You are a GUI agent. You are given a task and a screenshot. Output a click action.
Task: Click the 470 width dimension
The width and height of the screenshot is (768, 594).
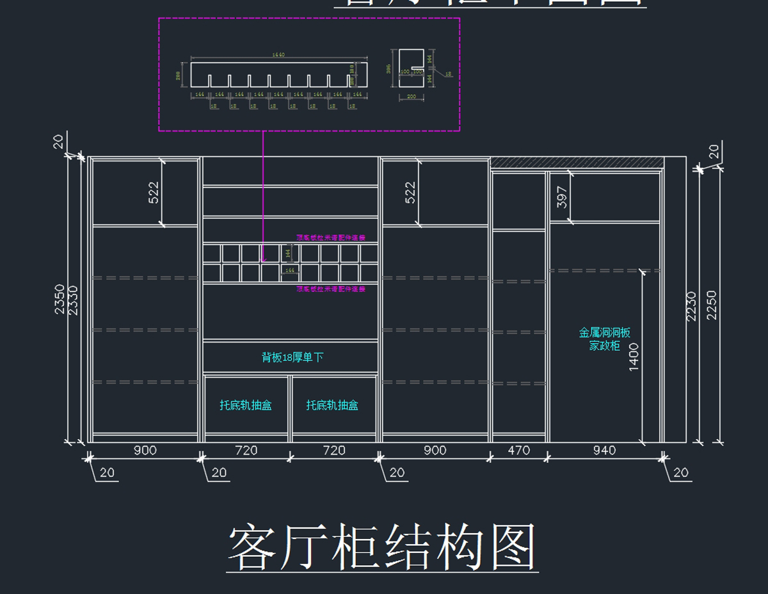[518, 451]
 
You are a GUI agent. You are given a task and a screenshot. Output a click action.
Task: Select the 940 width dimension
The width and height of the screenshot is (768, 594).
[604, 451]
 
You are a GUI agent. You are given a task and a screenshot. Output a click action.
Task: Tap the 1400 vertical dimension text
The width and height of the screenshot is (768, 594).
[634, 357]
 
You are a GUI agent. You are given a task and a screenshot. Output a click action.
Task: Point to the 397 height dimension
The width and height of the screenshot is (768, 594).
[563, 197]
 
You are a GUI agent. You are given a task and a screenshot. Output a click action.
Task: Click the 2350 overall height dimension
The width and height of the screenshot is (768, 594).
[60, 299]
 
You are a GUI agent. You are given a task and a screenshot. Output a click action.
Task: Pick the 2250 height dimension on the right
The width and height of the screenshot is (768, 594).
[711, 305]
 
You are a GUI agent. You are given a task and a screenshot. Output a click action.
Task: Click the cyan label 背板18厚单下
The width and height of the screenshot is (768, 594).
[292, 357]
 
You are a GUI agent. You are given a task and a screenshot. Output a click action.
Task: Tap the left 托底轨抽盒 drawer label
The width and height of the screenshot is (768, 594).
[246, 405]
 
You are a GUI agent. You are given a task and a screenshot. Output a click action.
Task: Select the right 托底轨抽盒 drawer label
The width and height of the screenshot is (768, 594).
[332, 405]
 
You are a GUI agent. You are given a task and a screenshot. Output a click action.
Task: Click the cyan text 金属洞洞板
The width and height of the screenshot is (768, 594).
[605, 333]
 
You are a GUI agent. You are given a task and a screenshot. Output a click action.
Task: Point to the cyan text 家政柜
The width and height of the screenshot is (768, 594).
[605, 346]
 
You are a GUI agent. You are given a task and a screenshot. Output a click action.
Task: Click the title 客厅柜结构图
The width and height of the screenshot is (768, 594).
[382, 548]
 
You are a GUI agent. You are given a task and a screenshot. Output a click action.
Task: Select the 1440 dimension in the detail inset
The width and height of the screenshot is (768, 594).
[278, 55]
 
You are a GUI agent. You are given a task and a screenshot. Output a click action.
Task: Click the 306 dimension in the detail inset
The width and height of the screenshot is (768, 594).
[388, 68]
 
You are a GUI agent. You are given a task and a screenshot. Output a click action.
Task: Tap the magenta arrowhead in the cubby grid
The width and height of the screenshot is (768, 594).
[264, 259]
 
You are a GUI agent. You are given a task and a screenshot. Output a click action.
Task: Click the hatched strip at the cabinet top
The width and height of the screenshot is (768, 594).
[576, 163]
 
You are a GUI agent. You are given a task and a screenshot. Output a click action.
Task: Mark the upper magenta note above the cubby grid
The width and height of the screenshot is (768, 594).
[330, 237]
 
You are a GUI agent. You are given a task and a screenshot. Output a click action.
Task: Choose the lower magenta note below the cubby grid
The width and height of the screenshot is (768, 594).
[330, 289]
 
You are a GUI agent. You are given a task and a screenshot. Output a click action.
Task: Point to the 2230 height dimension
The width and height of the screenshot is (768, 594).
[691, 306]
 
